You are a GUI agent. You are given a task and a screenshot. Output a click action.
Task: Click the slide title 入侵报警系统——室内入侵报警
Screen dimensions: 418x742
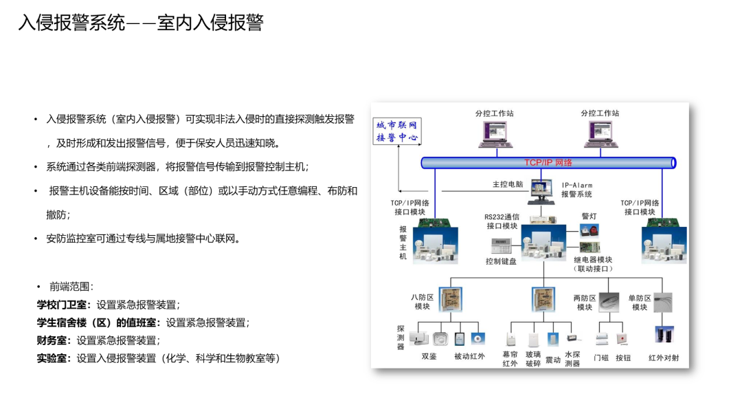(141, 23)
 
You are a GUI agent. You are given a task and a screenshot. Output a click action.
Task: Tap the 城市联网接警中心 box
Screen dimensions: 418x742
(396, 131)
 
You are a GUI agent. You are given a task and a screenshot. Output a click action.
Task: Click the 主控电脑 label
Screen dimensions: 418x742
(508, 184)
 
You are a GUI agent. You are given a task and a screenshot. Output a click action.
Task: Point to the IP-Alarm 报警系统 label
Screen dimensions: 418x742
(576, 190)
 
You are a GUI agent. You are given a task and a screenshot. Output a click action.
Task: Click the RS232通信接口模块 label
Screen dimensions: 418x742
(502, 221)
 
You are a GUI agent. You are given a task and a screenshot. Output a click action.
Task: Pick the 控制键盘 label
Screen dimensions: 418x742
(501, 261)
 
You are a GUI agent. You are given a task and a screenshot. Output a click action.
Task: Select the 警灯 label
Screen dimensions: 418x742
(589, 216)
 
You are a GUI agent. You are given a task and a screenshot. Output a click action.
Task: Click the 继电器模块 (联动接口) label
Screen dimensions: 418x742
(592, 264)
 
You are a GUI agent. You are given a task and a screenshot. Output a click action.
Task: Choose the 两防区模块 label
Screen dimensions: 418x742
(584, 302)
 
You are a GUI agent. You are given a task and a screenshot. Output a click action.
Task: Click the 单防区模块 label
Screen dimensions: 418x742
(639, 302)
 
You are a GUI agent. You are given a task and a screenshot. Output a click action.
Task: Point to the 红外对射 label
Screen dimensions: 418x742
(664, 357)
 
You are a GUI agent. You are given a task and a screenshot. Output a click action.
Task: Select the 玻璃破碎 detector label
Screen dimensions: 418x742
(533, 359)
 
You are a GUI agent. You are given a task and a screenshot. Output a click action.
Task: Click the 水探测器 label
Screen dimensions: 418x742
(572, 359)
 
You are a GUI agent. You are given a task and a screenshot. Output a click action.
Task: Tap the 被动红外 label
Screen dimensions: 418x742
(469, 356)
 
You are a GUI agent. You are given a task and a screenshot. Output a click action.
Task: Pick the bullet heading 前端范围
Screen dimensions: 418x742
(71, 287)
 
